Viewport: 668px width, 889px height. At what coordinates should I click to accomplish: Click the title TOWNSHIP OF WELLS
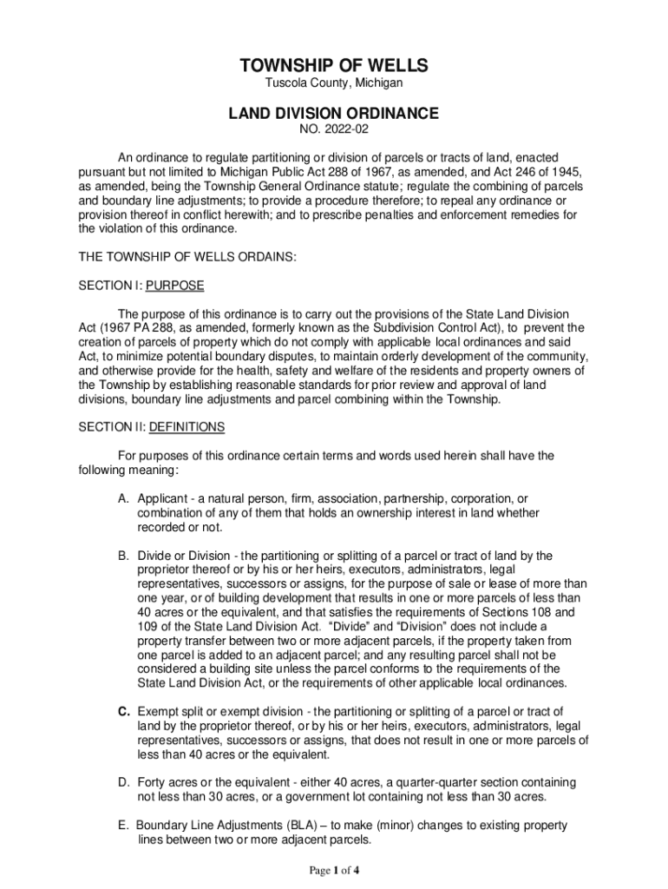(x=334, y=67)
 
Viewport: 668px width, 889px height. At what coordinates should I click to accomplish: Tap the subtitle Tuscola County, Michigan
(x=334, y=84)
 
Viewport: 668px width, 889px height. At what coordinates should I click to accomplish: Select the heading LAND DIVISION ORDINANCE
(x=334, y=113)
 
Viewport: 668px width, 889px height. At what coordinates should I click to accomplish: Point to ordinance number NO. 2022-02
(x=334, y=130)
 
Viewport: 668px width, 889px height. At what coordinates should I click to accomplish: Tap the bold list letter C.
(x=124, y=712)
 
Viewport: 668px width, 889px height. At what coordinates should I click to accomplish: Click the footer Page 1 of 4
(x=333, y=870)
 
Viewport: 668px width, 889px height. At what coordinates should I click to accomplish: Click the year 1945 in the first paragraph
(x=563, y=172)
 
